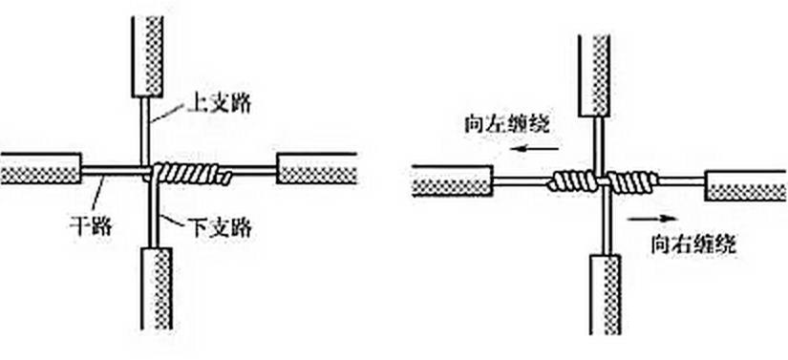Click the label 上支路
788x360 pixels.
tap(219, 104)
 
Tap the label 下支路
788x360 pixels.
tap(220, 228)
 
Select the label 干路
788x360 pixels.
tap(91, 226)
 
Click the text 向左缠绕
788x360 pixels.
tap(507, 124)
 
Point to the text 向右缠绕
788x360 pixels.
tap(693, 244)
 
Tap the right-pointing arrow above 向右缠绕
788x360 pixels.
tap(652, 218)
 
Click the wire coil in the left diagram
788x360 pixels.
tap(191, 173)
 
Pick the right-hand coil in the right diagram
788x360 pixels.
tap(632, 182)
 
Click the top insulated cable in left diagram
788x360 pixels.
tap(147, 56)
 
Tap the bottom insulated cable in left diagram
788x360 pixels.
tap(157, 288)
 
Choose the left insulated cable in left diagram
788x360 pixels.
tap(40, 169)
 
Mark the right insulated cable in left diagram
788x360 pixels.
tap(317, 169)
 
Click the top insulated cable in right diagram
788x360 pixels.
tap(594, 75)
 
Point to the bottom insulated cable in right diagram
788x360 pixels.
tap(605, 295)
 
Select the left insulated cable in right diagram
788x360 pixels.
tap(453, 180)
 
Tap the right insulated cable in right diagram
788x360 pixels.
tap(746, 185)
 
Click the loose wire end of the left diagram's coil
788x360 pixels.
tap(227, 178)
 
